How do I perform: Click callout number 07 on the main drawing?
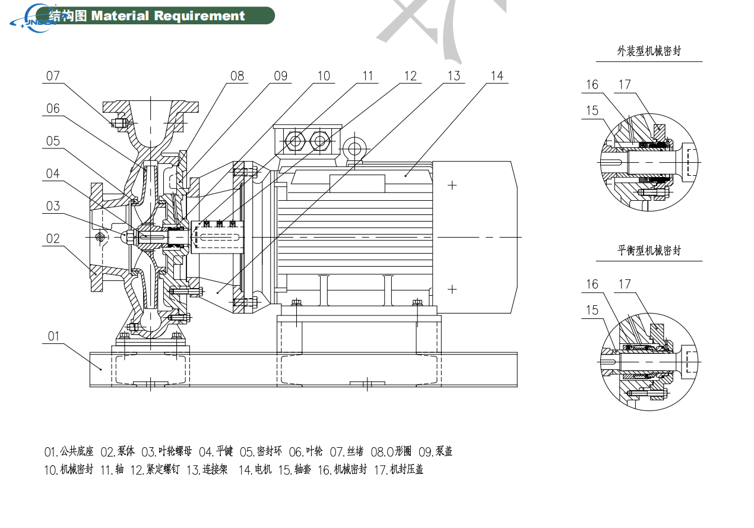(53, 76)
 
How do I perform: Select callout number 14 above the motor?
(497, 76)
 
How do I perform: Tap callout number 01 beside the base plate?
(53, 337)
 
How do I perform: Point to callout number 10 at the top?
(324, 76)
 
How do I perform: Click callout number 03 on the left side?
(53, 206)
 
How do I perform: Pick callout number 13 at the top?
(454, 76)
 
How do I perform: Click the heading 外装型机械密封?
(648, 52)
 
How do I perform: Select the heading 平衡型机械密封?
(648, 251)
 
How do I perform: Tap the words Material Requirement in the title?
(168, 16)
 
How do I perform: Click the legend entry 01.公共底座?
(68, 452)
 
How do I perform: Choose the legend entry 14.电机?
(255, 470)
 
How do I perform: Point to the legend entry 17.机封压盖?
(398, 470)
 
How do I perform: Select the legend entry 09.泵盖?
(435, 452)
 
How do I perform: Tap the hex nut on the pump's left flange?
(99, 236)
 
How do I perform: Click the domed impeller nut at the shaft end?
(128, 236)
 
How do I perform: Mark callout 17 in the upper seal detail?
(624, 85)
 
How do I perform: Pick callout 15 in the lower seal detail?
(592, 310)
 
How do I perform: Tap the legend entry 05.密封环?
(261, 452)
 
